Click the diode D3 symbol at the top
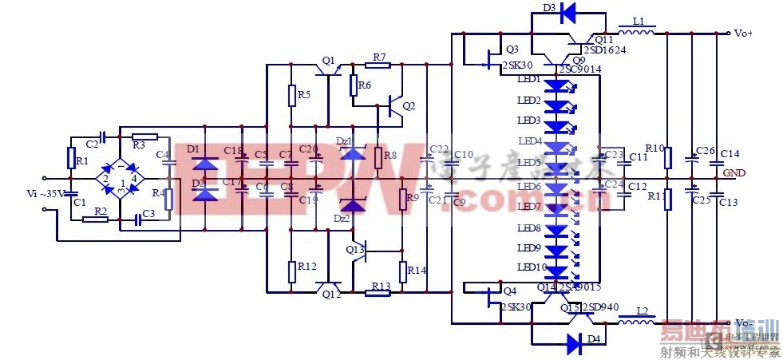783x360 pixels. (567, 12)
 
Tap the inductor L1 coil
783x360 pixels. (636, 33)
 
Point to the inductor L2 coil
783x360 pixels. (637, 324)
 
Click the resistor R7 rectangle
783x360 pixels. (378, 69)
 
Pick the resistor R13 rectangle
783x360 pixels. (378, 293)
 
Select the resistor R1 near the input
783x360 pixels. (72, 159)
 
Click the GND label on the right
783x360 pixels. (734, 173)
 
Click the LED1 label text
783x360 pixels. (529, 81)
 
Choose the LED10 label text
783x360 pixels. (531, 267)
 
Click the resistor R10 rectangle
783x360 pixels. (667, 157)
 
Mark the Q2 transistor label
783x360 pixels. (409, 106)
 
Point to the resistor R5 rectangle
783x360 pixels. (291, 95)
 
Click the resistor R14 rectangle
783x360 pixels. (403, 271)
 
